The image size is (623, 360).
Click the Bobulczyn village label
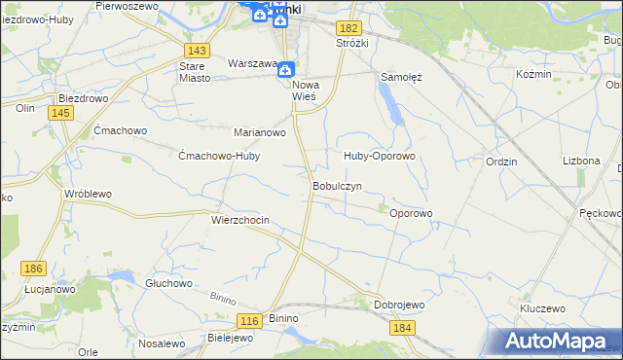[x=337, y=185]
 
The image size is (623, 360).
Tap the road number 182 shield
[x=350, y=29]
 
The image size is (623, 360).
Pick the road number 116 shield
[x=249, y=320]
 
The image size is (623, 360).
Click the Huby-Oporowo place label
[x=380, y=156]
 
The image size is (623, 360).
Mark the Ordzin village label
[x=500, y=162]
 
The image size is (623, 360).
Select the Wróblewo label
[x=88, y=194]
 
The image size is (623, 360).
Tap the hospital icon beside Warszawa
[x=285, y=69]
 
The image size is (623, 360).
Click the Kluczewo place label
[x=543, y=307]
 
